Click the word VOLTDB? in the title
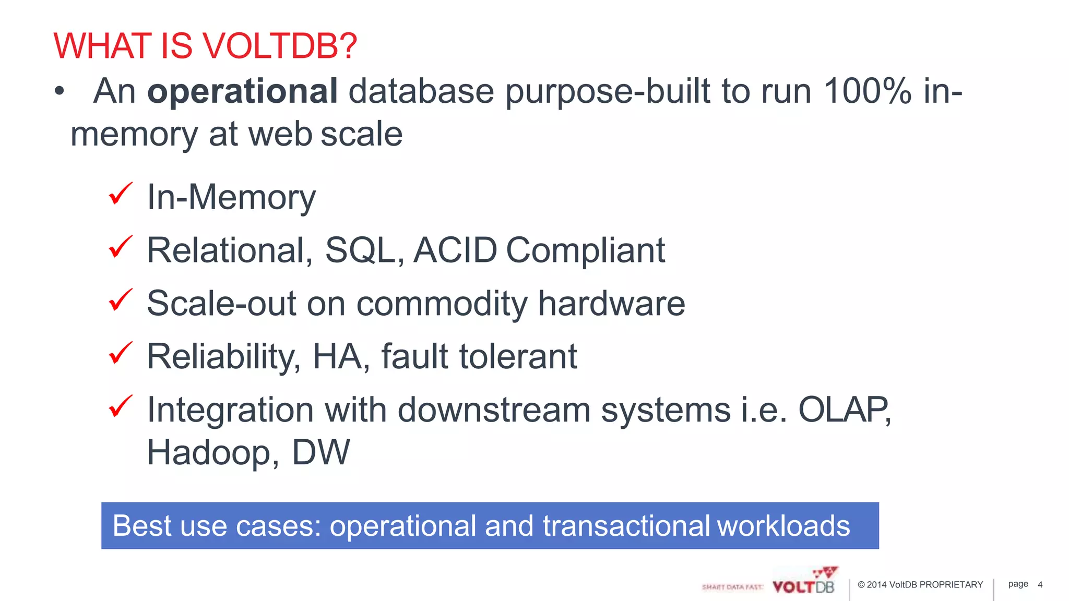click(x=279, y=46)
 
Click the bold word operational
click(x=243, y=91)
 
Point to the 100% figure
click(x=868, y=91)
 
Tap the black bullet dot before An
click(x=60, y=92)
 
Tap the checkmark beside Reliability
click(x=121, y=354)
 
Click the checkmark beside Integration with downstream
click(x=121, y=407)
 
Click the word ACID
click(x=455, y=250)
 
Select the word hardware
click(x=611, y=304)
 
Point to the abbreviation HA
click(x=337, y=357)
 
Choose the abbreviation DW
click(x=320, y=452)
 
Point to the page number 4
click(x=1040, y=585)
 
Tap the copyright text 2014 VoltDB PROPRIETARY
click(x=920, y=585)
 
